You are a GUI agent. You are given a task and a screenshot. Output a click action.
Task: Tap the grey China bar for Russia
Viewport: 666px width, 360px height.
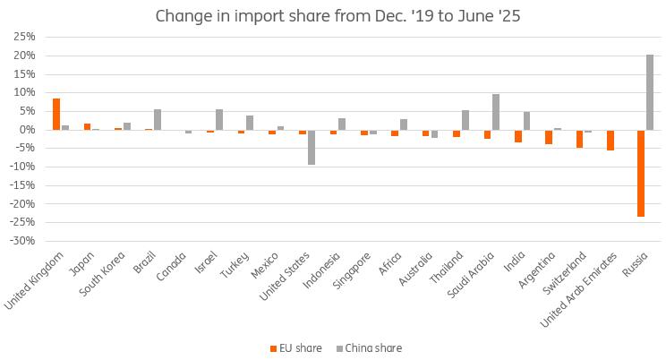[650, 92]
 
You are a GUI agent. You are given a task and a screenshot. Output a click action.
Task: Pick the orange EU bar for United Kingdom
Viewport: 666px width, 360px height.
[56, 114]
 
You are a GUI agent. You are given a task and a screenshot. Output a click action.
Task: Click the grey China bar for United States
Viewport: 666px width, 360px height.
[312, 147]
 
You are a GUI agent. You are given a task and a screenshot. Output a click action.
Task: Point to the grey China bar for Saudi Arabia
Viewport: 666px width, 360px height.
[496, 112]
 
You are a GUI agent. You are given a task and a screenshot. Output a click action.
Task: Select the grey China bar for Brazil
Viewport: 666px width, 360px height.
[158, 119]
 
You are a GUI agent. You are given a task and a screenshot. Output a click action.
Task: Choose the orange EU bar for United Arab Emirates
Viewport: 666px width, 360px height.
[610, 140]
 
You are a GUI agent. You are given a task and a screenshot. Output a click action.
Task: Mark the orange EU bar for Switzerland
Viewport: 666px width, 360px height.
[580, 138]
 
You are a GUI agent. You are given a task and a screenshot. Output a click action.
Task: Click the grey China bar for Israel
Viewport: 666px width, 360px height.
[219, 119]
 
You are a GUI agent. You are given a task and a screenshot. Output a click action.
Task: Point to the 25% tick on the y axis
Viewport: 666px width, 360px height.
[24, 37]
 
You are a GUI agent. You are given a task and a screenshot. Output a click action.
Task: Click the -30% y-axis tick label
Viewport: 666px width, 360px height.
[22, 241]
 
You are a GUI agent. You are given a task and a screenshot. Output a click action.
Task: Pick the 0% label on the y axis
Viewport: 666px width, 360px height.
[28, 130]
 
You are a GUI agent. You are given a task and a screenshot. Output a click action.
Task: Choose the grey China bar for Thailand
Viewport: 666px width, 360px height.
[465, 120]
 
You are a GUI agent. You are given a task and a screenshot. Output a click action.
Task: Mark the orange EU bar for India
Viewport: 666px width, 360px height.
[518, 136]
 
